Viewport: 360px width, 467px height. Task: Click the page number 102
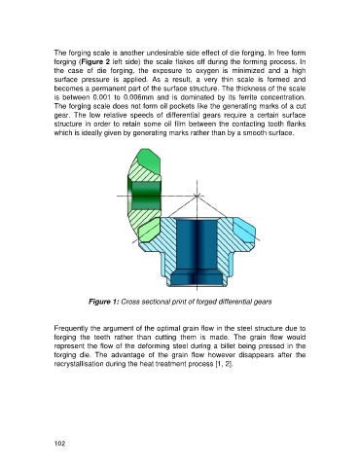click(x=59, y=444)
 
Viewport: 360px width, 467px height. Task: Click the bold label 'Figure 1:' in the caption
click(x=104, y=302)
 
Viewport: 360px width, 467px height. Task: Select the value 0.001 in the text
click(x=101, y=97)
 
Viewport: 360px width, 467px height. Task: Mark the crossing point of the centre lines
click(x=197, y=196)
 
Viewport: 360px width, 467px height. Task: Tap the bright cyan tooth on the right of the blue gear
click(x=243, y=231)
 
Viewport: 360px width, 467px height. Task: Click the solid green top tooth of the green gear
click(x=148, y=162)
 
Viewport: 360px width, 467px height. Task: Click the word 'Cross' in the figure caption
click(x=128, y=302)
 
